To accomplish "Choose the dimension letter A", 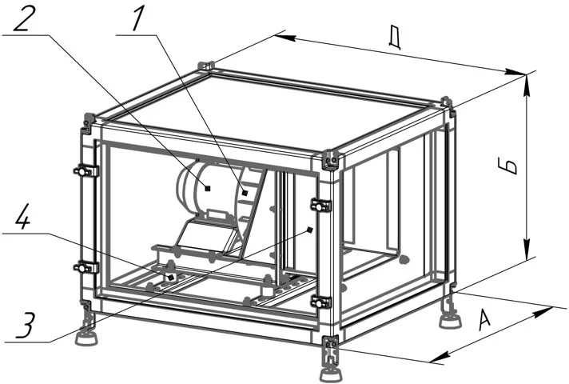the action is point(485,319).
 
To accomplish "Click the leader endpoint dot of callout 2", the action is point(207,187).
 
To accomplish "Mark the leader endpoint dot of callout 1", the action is point(245,193).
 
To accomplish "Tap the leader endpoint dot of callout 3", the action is point(309,230).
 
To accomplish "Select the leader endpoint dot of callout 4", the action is point(170,278).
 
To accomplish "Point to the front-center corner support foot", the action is point(331,372).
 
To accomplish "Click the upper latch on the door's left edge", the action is point(86,170).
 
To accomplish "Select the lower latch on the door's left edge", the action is point(86,268).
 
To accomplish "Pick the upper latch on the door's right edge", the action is point(320,206).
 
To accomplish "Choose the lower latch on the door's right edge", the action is point(320,302).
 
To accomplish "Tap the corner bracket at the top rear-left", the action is point(205,66).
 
